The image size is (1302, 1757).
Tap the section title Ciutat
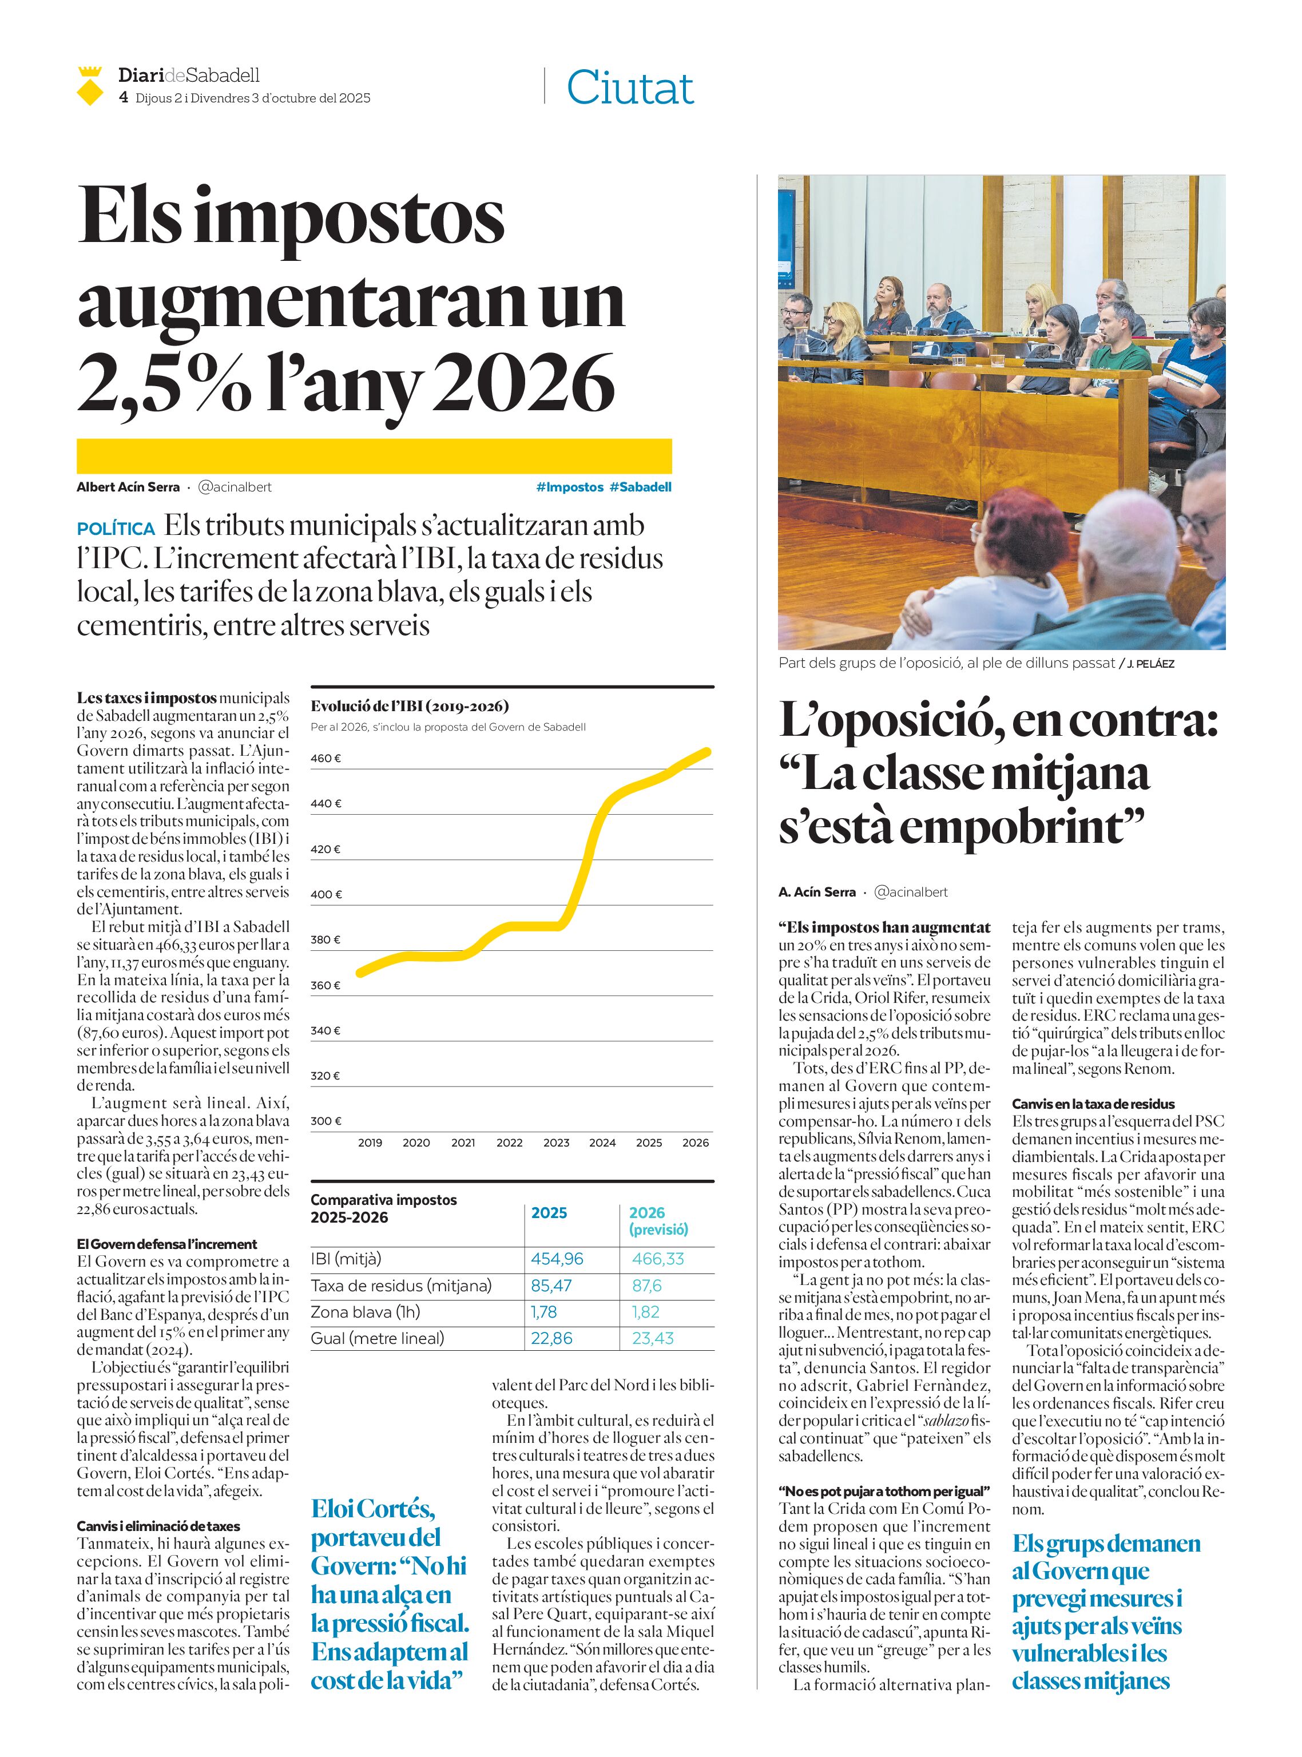click(x=630, y=88)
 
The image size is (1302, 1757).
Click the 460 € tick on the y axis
click(x=325, y=758)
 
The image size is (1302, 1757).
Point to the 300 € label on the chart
click(x=325, y=1121)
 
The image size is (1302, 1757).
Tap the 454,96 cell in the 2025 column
click(x=557, y=1259)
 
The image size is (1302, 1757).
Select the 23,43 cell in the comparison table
click(x=653, y=1338)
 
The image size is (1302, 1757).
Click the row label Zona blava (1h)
click(x=365, y=1312)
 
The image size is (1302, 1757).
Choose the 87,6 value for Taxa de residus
click(x=646, y=1286)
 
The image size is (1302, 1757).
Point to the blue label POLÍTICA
click(x=116, y=529)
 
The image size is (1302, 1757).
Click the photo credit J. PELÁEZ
click(x=1150, y=664)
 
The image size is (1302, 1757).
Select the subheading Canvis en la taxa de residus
click(x=1093, y=1104)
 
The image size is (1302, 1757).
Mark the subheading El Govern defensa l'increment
click(x=166, y=1244)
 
